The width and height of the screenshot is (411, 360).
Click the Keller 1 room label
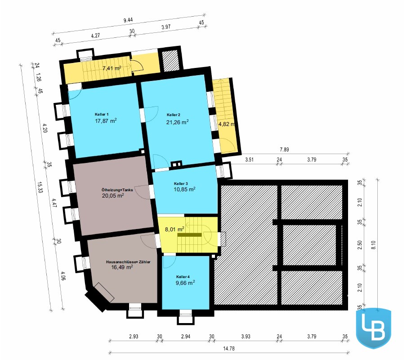102,114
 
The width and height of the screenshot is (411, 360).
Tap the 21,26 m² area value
178,122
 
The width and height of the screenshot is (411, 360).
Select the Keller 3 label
181,184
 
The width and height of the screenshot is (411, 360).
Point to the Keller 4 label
183,277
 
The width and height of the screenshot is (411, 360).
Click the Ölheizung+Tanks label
117,190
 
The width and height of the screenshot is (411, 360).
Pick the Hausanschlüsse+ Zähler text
128,262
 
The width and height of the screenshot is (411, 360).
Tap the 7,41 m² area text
112,68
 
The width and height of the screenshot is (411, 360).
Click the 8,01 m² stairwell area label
174,229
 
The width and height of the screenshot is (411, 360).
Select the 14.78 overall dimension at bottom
229,349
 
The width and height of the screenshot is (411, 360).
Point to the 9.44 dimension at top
128,20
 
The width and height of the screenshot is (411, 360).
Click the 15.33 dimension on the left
40,187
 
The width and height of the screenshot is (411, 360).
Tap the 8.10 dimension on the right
374,245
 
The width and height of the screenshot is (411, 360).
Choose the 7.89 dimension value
284,149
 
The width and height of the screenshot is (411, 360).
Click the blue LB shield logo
374,328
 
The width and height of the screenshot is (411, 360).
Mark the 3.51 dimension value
249,160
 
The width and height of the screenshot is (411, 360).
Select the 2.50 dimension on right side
360,245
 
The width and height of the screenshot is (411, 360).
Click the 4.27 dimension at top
95,36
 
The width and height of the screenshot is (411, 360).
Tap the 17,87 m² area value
106,121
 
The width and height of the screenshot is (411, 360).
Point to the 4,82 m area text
227,124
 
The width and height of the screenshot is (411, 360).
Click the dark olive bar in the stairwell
189,235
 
